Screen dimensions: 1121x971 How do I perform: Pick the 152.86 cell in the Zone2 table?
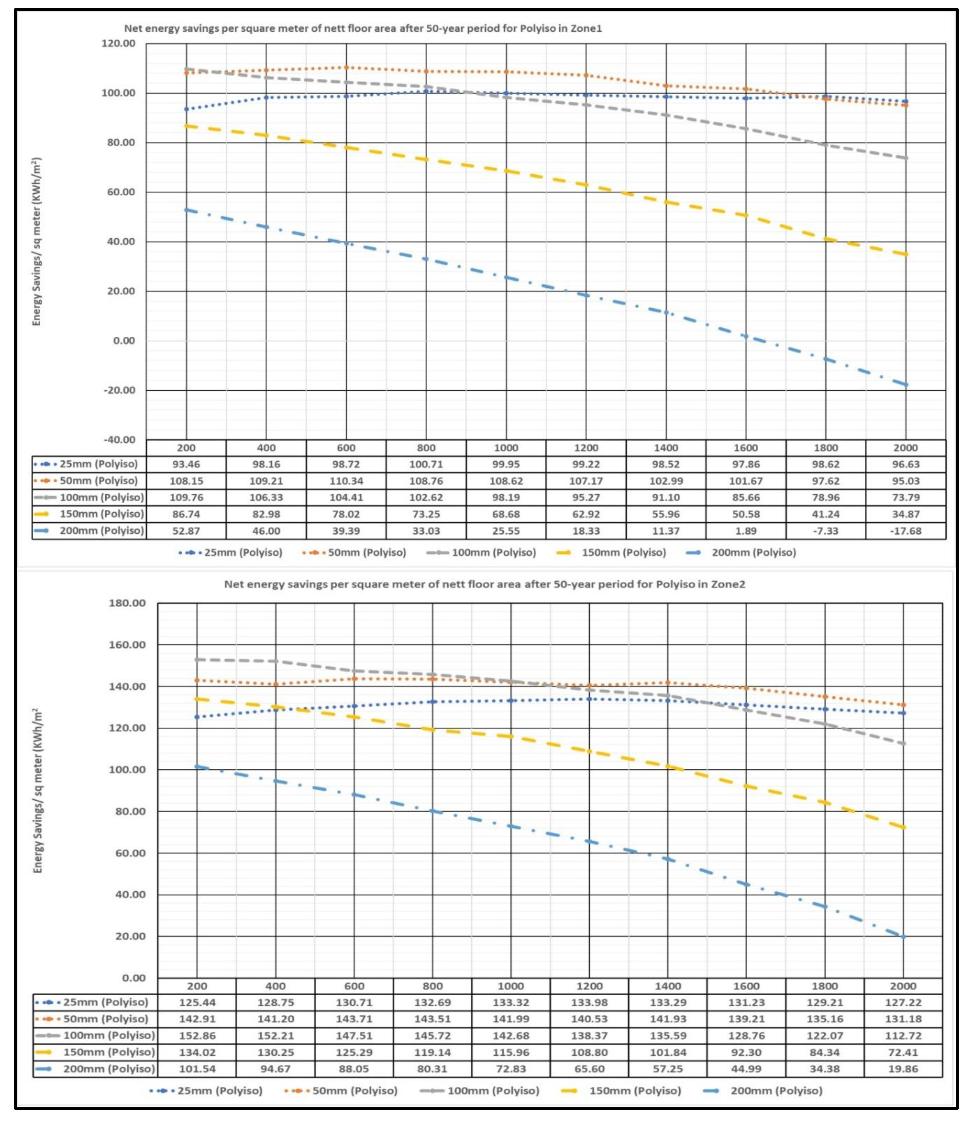197,1035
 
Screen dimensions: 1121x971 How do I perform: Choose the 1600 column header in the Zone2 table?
746,986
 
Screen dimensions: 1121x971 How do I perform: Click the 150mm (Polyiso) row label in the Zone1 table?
101,514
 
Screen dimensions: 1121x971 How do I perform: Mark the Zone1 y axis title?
36,242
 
